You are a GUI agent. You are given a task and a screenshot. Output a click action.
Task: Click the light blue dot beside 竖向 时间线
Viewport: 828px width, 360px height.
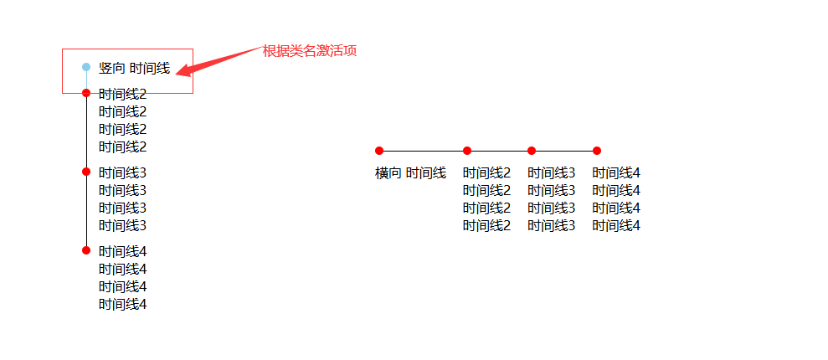(86, 67)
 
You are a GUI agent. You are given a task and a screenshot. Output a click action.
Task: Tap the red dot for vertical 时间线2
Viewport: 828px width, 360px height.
(86, 93)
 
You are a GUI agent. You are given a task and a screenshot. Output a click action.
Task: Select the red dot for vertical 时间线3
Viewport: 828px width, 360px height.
(86, 172)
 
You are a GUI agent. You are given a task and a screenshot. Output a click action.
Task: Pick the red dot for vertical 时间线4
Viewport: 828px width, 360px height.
(86, 250)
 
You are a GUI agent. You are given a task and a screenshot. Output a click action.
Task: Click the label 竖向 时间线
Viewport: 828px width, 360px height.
(134, 69)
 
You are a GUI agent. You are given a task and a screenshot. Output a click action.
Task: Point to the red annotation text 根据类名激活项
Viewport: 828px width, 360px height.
(310, 51)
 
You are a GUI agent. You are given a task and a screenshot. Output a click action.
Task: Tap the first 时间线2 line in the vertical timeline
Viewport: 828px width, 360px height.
(122, 95)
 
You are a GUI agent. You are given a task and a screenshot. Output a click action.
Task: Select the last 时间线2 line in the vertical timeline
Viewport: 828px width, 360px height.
(122, 147)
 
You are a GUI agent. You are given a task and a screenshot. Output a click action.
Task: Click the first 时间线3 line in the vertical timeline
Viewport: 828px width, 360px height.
(122, 173)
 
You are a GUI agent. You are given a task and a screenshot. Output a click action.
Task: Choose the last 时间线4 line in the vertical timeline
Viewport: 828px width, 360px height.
(122, 305)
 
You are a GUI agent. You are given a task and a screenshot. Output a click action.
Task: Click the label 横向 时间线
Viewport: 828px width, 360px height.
(410, 173)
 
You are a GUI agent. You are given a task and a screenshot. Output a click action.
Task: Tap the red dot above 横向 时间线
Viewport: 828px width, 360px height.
(379, 151)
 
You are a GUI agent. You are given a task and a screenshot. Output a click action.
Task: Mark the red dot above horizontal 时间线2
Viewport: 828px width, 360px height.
(467, 151)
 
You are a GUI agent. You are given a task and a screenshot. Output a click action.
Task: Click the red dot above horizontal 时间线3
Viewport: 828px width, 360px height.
(532, 151)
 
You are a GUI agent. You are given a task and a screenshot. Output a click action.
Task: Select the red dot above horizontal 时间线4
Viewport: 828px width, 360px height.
(597, 151)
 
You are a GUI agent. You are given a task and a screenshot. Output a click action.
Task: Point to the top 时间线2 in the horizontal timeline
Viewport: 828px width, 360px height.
(486, 173)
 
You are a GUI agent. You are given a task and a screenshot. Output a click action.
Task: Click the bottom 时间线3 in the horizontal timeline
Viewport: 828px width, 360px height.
(551, 226)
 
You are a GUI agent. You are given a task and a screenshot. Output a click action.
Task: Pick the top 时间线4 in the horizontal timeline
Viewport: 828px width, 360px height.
(616, 173)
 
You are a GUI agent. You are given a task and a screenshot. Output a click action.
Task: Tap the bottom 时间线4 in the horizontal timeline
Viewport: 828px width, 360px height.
(616, 226)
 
